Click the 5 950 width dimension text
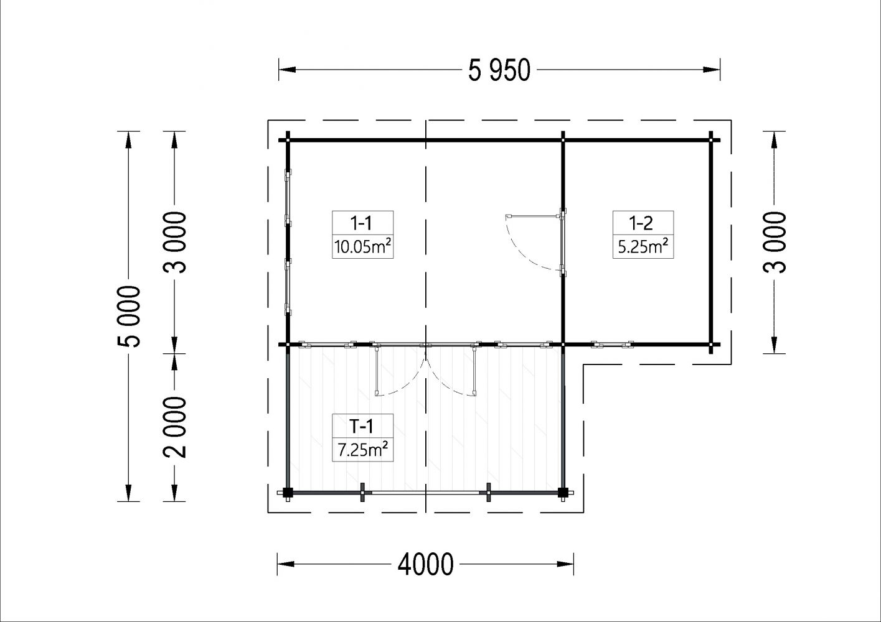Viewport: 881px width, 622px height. coord(499,70)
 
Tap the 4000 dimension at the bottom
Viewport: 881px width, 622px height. coord(425,565)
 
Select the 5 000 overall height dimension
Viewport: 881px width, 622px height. coord(129,317)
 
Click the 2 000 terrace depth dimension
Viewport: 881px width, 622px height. coord(174,427)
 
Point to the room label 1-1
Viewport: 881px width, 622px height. coord(361,223)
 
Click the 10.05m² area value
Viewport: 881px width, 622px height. coord(362,247)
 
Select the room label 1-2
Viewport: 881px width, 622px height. coord(641,223)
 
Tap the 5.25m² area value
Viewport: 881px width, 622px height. coord(643,247)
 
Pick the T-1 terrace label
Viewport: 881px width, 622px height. coord(361,426)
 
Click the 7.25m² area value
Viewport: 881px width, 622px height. coord(363,450)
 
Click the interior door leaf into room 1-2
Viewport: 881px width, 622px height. coord(534,216)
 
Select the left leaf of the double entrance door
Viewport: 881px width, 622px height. coord(377,369)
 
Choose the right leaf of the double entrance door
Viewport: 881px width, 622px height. coord(474,369)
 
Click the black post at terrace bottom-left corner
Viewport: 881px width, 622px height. coord(288,493)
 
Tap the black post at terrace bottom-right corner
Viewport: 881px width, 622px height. coord(563,493)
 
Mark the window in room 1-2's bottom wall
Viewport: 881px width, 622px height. coord(613,345)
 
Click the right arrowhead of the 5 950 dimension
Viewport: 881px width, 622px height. coord(712,70)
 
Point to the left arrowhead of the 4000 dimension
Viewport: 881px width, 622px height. coord(286,564)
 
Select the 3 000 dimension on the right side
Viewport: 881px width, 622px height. coord(774,242)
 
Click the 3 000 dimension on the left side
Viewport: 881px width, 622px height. coord(174,242)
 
